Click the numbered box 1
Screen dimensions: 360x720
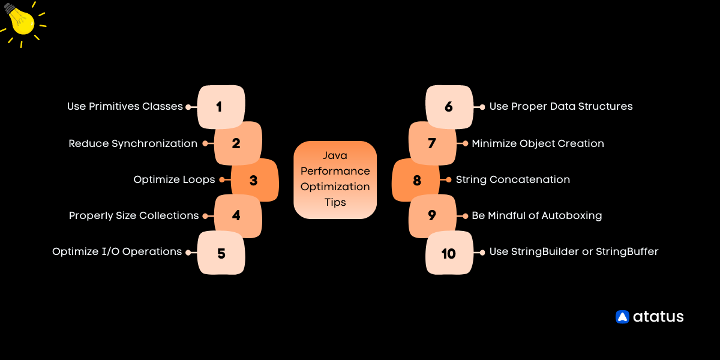[x=221, y=107]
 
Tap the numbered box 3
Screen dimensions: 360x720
[x=254, y=180]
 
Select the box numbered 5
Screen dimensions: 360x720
[x=221, y=253]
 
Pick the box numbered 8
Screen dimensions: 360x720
[x=416, y=180]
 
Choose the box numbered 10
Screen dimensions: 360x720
[x=449, y=253]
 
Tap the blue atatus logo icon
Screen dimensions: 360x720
[x=622, y=317]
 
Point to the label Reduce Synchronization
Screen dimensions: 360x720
[x=133, y=143]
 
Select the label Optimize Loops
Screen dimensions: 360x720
[x=174, y=179]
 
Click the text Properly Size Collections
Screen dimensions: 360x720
[x=134, y=215]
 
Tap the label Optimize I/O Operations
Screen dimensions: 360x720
[x=117, y=252]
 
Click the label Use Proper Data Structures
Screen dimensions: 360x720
[x=561, y=106]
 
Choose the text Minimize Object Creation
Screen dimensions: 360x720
[x=538, y=143]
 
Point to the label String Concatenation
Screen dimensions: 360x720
[x=512, y=179]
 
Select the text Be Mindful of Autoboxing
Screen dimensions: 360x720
[x=536, y=215]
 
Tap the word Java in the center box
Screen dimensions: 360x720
[x=335, y=156]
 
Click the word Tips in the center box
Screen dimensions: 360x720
[x=335, y=202]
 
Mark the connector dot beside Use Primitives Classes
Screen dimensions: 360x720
[x=188, y=107]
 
